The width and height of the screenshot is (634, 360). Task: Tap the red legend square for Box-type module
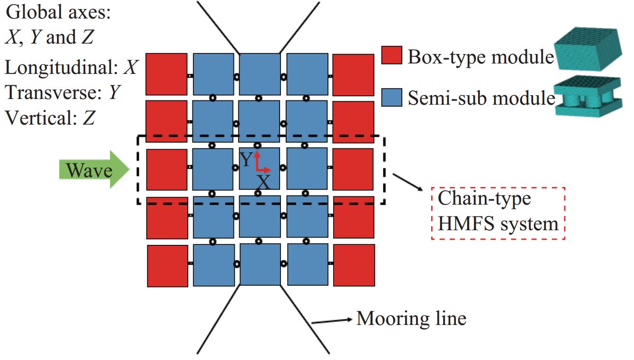[392, 55]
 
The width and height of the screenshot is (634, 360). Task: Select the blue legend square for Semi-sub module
[392, 98]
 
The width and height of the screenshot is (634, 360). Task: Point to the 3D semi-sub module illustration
[588, 97]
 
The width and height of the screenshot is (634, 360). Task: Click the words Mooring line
[411, 318]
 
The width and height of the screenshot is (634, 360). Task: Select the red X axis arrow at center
[264, 170]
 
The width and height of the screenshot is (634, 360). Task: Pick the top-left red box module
[166, 74]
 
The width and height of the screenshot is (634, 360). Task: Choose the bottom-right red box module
[354, 265]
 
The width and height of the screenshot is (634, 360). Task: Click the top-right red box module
[353, 74]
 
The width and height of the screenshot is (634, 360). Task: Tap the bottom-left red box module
[168, 265]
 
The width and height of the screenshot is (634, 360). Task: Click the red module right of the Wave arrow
[167, 169]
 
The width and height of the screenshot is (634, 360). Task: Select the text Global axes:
[58, 12]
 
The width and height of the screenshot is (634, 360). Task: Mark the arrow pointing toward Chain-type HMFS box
[408, 182]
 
